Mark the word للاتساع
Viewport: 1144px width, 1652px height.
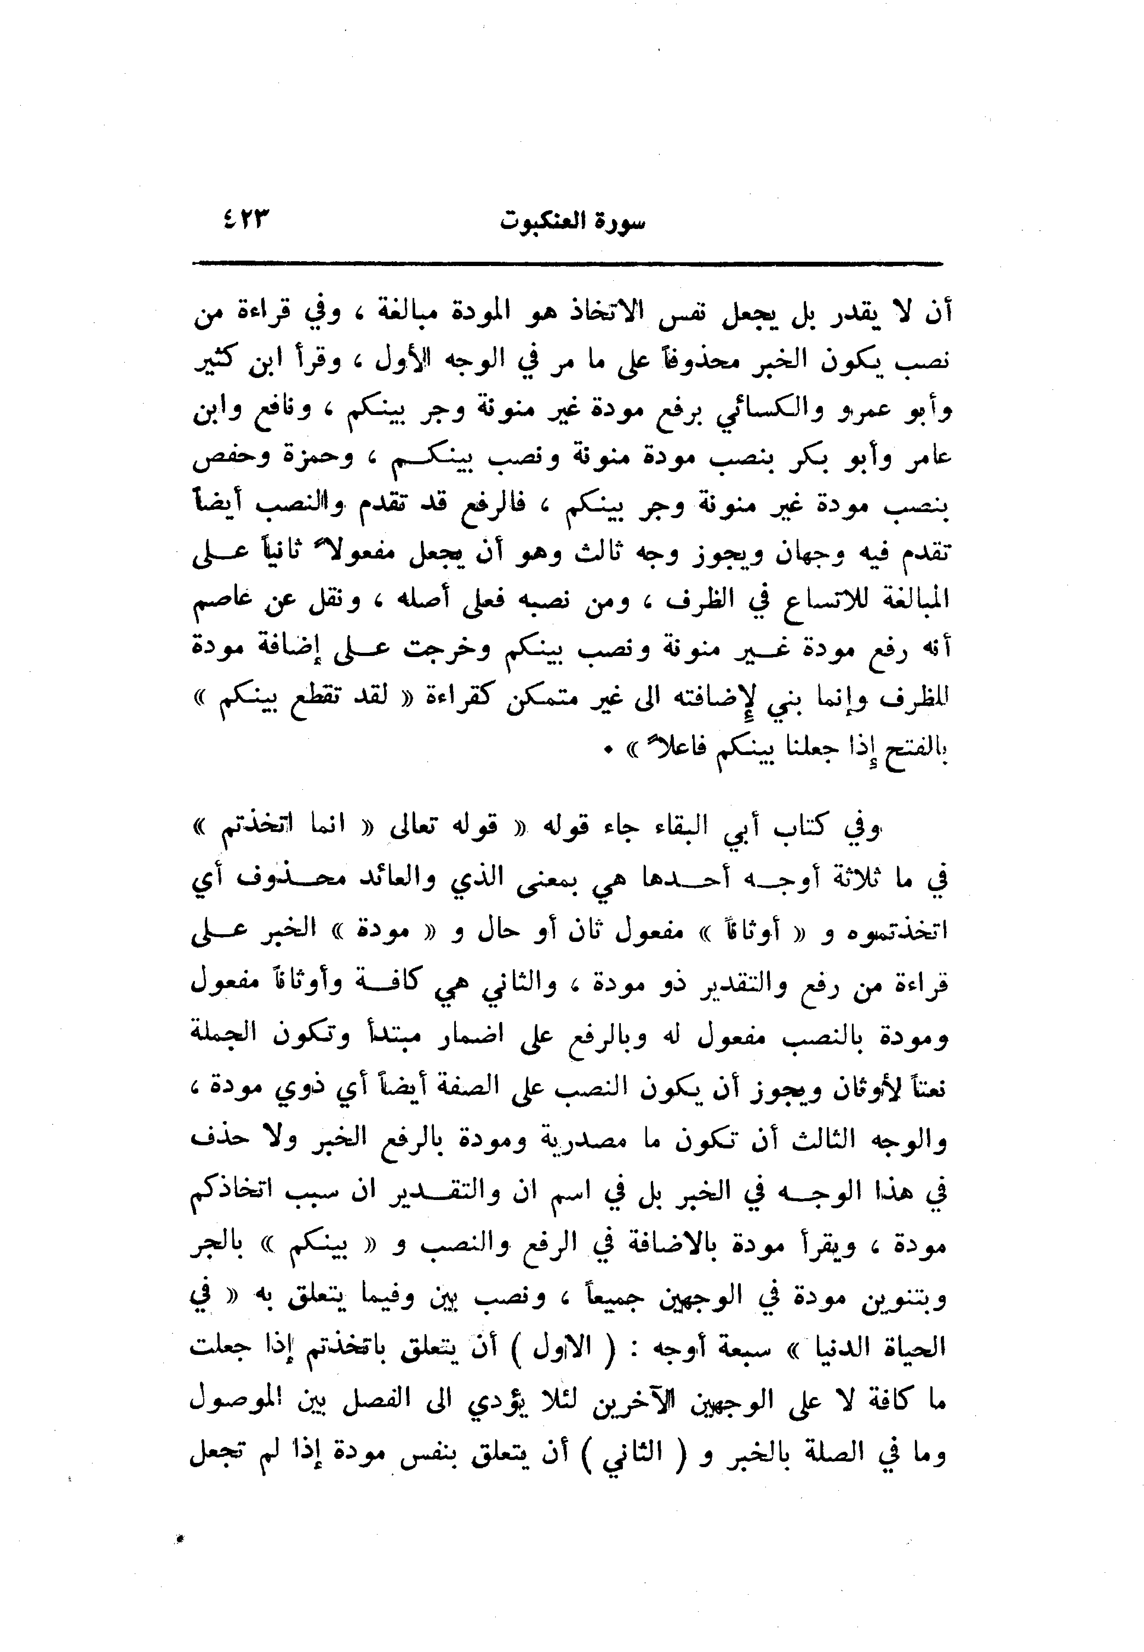pyautogui.click(x=806, y=600)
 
